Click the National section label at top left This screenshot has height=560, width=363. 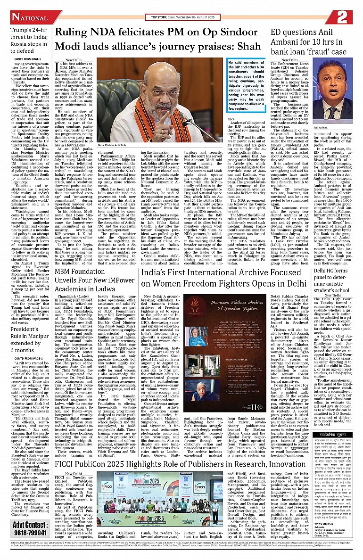pyautogui.click(x=29, y=17)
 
